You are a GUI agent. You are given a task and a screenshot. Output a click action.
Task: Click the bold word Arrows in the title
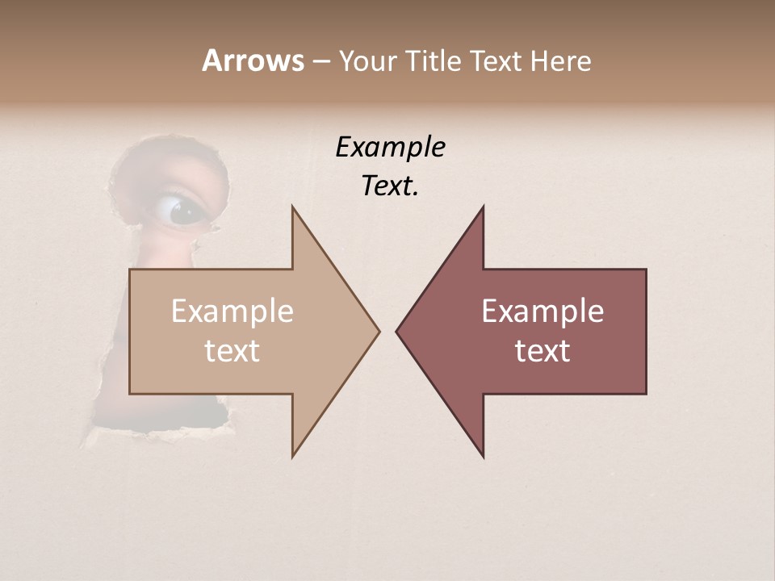253,61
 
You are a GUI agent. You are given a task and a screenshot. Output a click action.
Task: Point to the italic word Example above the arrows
390,148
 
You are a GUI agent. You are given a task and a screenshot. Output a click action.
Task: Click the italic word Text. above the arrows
390,186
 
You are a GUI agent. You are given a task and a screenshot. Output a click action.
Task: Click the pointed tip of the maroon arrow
397,330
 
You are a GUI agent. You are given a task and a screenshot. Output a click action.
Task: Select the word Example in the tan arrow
232,311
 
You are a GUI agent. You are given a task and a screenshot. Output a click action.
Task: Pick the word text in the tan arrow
232,351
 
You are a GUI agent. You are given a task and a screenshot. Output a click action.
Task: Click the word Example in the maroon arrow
542,311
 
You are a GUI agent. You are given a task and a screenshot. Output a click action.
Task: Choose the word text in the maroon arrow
542,351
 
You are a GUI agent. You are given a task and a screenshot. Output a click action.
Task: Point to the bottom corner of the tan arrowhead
293,456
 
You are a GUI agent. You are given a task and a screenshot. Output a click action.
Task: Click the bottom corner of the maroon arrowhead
483,456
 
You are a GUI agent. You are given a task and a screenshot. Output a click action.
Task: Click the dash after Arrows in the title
320,62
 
